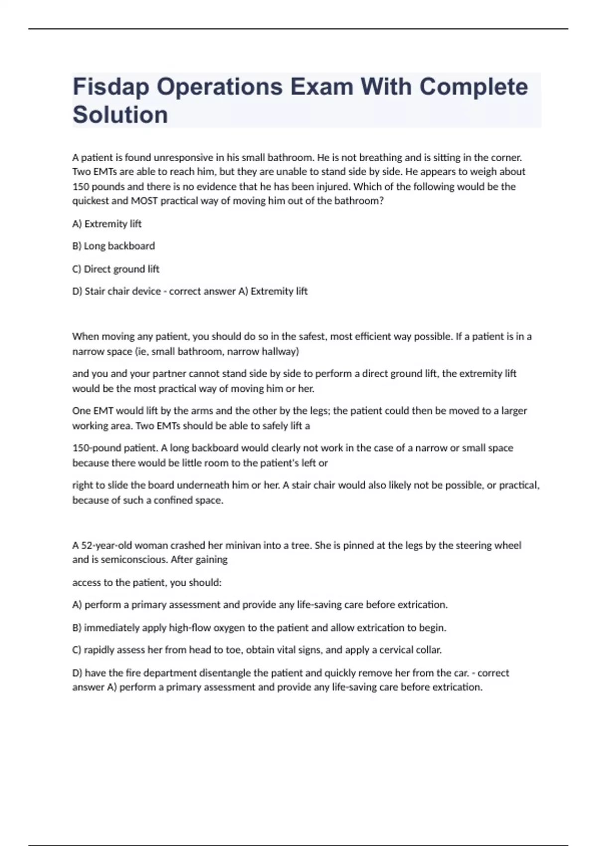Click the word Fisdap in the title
tap(110, 87)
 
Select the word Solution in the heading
tap(120, 115)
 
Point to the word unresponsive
tap(183, 158)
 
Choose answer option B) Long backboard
tap(113, 246)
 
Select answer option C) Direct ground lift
tap(116, 269)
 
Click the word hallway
tap(281, 351)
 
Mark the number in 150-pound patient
tap(81, 448)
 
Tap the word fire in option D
tap(132, 673)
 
